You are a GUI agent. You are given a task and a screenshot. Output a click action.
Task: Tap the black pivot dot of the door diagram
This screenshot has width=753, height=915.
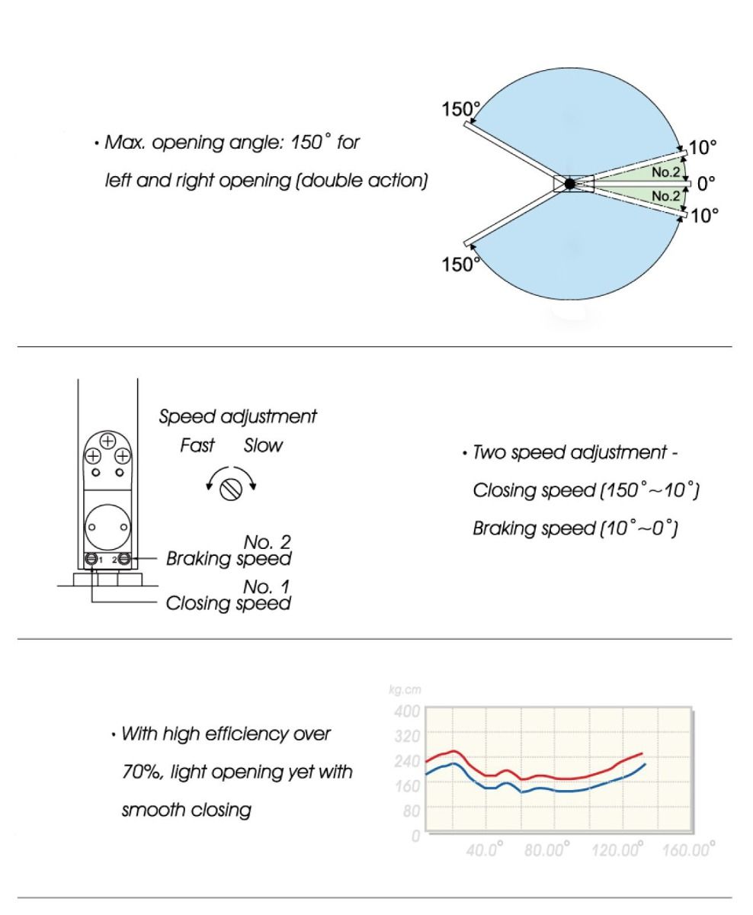point(569,184)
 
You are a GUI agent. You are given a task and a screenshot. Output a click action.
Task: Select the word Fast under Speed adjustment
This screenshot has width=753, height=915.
point(197,445)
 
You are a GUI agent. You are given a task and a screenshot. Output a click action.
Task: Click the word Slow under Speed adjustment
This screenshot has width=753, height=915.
point(263,445)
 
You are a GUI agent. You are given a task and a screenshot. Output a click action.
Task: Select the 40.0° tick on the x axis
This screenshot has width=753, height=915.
point(485,849)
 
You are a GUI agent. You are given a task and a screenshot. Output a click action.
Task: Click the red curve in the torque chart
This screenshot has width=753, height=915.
point(534,776)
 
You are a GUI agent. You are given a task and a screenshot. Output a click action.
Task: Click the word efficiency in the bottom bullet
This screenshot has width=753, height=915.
point(235,735)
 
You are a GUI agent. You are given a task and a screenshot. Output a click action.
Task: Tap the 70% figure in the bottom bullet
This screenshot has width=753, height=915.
point(138,772)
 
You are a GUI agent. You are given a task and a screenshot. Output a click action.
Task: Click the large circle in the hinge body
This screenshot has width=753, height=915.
point(107,525)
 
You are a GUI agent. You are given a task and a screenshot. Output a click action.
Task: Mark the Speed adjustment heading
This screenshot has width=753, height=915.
point(238,417)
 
